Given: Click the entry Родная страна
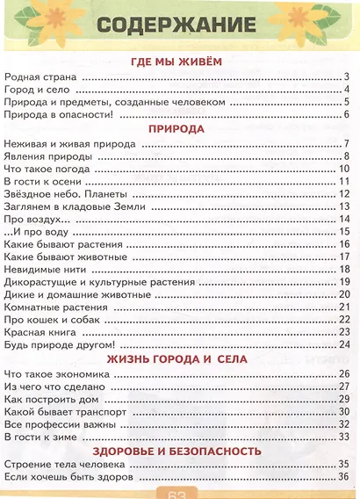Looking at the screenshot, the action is pos(40,76).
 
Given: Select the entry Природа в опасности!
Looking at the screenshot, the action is pos(60,114).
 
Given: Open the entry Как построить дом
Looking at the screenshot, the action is pos(51,398).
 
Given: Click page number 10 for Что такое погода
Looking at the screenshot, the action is pos(345,169).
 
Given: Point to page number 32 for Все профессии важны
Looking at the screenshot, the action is pos(345,423).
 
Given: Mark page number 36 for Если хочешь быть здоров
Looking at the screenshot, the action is pos(345,476).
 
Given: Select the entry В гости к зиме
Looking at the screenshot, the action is pos(43,436).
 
